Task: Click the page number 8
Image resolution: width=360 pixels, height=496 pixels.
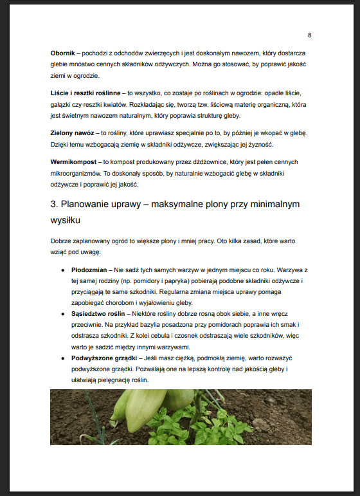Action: click(310, 35)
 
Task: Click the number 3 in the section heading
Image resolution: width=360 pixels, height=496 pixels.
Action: click(53, 205)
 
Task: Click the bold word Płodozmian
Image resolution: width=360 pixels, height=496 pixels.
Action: click(89, 271)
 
